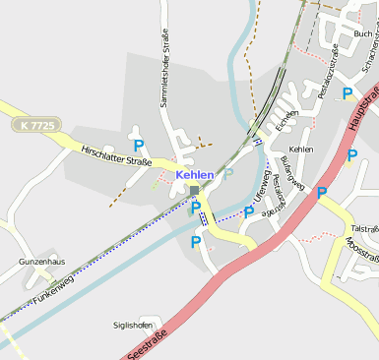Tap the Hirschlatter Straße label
click(x=124, y=157)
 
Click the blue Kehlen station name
click(x=195, y=175)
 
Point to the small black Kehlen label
click(x=301, y=150)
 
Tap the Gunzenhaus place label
click(x=41, y=263)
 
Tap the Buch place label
click(x=362, y=32)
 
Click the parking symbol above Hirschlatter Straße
click(x=139, y=146)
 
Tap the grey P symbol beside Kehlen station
click(x=229, y=174)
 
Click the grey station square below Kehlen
click(x=195, y=190)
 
